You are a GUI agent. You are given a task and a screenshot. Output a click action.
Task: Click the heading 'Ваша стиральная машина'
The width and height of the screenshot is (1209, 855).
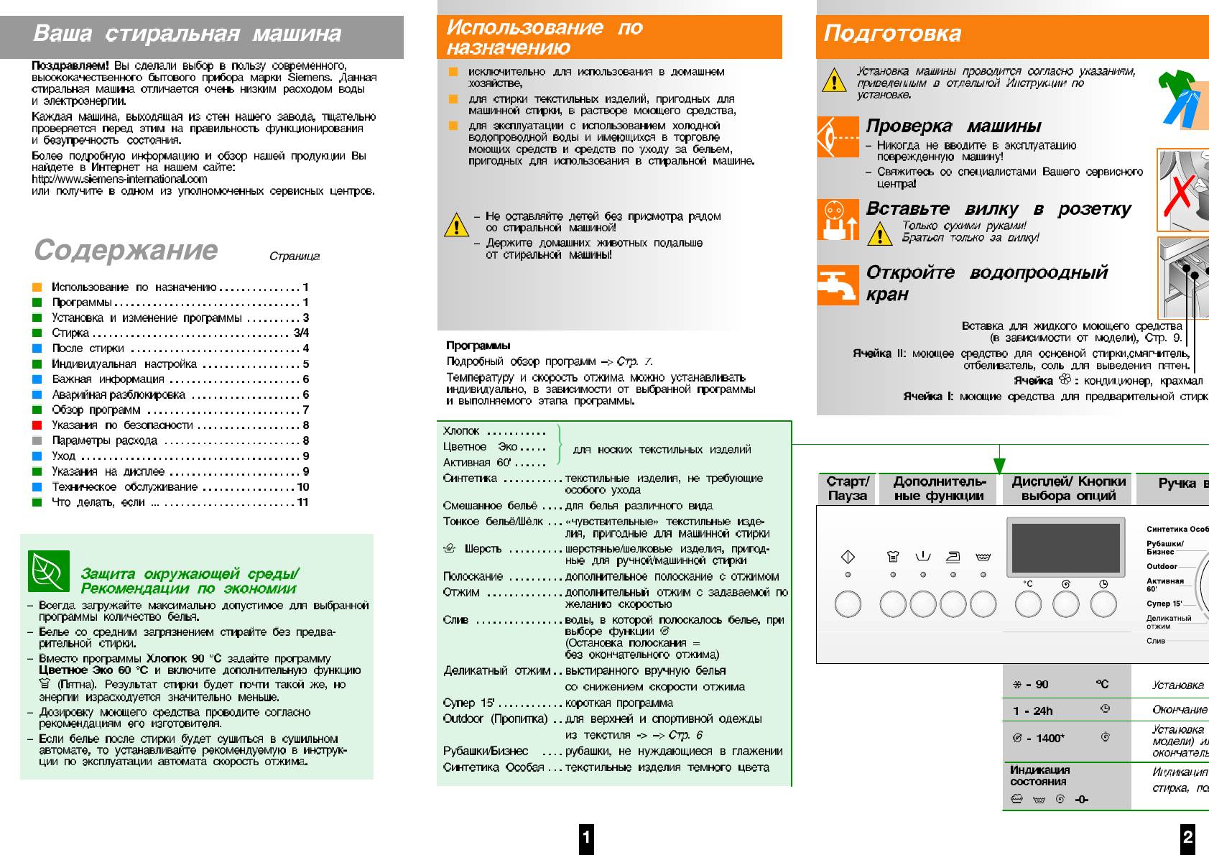(187, 34)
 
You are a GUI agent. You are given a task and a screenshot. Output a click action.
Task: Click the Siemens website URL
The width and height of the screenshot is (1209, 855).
(119, 179)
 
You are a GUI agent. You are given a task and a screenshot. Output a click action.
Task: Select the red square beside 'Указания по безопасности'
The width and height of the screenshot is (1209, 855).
(37, 425)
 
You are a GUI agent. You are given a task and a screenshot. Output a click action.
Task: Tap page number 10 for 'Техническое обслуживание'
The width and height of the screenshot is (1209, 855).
(303, 487)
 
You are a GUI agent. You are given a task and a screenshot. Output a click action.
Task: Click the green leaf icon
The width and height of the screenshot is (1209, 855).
(49, 571)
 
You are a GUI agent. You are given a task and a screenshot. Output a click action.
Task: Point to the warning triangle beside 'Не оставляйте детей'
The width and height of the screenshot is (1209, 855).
(456, 225)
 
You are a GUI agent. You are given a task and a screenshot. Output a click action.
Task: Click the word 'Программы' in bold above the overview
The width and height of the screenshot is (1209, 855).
(478, 346)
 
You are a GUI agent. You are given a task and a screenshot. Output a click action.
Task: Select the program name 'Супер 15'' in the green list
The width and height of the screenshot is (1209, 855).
(468, 703)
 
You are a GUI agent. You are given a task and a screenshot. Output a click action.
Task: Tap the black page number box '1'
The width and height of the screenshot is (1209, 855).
(586, 837)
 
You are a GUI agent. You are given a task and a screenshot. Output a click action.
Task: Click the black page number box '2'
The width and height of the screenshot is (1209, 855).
(1187, 837)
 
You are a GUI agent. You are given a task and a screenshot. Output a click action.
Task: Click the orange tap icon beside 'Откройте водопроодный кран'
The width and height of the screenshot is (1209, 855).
(838, 285)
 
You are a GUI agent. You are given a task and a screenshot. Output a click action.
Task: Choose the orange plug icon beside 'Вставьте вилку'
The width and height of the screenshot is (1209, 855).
(838, 220)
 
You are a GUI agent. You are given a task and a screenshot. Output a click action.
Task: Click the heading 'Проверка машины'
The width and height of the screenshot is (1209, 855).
(953, 126)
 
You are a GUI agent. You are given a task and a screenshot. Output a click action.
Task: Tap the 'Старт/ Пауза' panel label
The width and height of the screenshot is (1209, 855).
(848, 489)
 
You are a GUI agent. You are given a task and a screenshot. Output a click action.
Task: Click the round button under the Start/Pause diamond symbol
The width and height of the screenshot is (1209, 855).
(848, 604)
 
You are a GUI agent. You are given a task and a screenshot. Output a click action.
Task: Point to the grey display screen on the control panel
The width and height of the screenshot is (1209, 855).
(1065, 547)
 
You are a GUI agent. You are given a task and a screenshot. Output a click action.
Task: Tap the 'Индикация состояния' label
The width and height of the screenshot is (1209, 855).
(1039, 775)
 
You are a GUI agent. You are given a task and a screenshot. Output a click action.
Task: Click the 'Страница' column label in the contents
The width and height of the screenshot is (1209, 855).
(295, 256)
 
